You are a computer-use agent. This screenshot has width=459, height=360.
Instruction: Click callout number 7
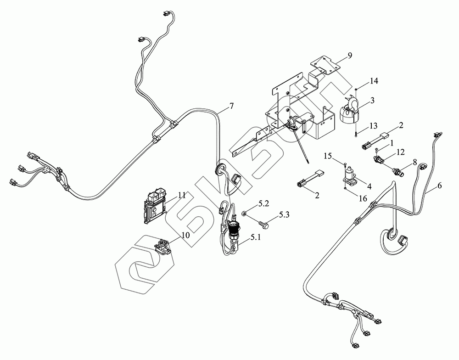click(x=231, y=106)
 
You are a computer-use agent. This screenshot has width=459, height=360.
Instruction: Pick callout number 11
click(x=182, y=195)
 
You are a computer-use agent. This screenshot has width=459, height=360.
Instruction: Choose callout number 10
click(x=185, y=235)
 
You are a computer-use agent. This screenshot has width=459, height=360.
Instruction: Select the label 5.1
click(x=256, y=238)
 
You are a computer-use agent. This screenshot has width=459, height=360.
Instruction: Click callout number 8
click(x=415, y=162)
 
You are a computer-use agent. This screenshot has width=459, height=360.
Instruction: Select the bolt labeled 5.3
click(x=265, y=224)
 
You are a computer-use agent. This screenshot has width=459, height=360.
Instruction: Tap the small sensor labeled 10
click(x=162, y=246)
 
